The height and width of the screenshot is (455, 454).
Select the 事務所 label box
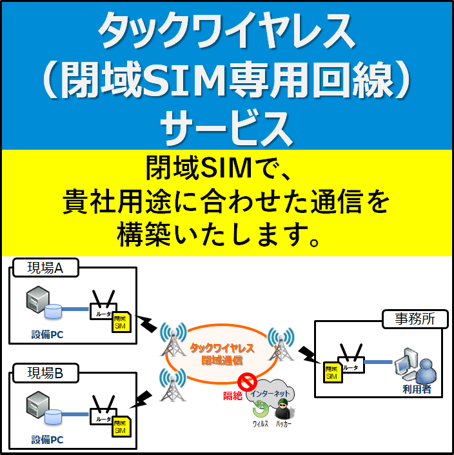click(414, 319)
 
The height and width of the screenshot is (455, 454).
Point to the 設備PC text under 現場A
click(47, 334)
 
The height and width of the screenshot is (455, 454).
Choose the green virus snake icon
click(261, 410)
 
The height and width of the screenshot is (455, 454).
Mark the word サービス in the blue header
click(226, 126)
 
